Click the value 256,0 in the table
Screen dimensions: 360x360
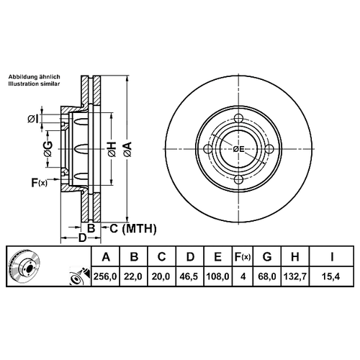click(x=105, y=276)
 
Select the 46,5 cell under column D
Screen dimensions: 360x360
click(x=189, y=276)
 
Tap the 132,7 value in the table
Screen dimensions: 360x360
click(x=295, y=276)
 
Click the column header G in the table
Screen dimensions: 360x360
click(x=267, y=257)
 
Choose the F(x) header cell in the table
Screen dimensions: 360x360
click(x=243, y=257)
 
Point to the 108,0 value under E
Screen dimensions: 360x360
click(x=218, y=276)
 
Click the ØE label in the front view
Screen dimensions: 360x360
click(x=238, y=149)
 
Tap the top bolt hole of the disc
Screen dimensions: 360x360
click(x=238, y=118)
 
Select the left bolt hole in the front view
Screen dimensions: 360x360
click(x=208, y=149)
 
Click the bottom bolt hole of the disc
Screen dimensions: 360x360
click(x=238, y=179)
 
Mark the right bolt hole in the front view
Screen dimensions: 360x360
click(x=269, y=149)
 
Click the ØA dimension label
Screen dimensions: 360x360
click(x=127, y=149)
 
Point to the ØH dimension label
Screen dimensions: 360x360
click(x=112, y=149)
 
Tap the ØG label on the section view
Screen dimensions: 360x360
click(x=48, y=149)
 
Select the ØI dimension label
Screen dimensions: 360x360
click(x=32, y=119)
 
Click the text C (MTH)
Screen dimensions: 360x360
click(x=133, y=228)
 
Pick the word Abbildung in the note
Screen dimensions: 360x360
click(x=24, y=77)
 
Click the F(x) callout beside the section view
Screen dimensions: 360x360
click(x=40, y=183)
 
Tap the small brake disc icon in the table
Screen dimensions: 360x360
click(x=25, y=266)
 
